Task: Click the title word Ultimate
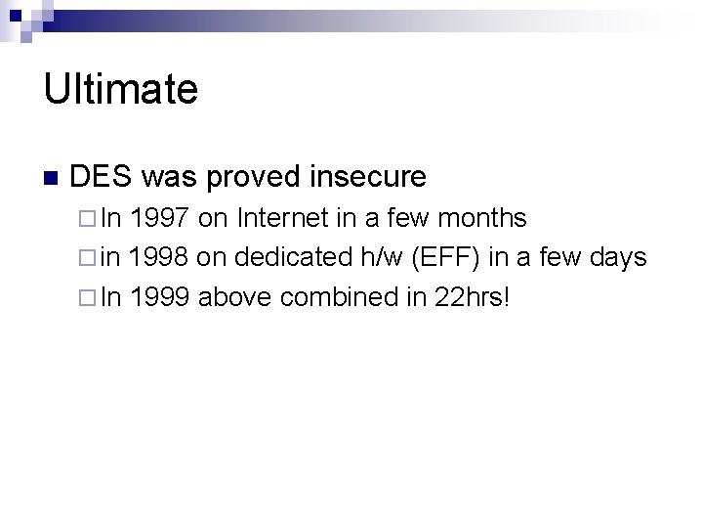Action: (120, 90)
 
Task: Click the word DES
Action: (102, 177)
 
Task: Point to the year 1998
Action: (159, 256)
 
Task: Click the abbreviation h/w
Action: (378, 256)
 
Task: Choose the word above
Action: (235, 296)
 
